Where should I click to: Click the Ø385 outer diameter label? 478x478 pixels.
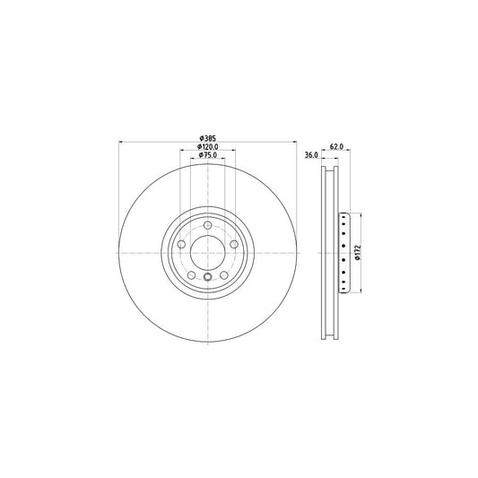pos(207,137)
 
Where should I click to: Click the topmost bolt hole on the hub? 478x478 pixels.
pos(207,224)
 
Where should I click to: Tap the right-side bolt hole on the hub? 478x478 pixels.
pos(235,244)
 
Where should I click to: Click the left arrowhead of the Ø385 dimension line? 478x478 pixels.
pos(120,142)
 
